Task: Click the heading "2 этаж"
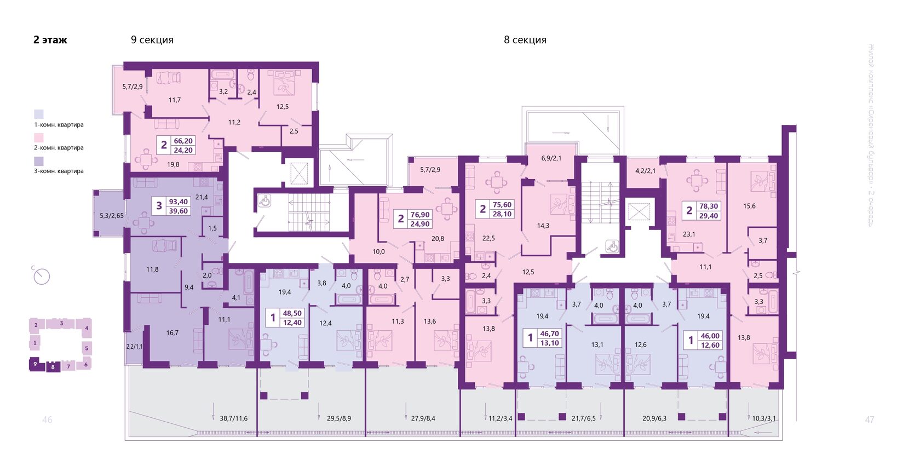coord(50,40)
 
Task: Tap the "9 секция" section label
coord(152,40)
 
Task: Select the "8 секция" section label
coord(525,40)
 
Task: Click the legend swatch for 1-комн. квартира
coord(39,114)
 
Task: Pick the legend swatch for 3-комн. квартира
coord(39,162)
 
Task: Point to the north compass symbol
coord(41,276)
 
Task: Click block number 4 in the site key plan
coord(87,328)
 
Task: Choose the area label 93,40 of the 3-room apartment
coord(178,202)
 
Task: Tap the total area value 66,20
coord(183,141)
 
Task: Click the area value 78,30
coord(708,206)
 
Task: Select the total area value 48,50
coord(292,313)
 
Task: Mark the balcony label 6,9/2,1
coord(551,158)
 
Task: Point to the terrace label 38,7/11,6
coord(234,418)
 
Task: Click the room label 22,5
coord(488,238)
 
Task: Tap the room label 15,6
coord(749,206)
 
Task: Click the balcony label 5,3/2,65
coord(112,216)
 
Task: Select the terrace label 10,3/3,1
coord(763,418)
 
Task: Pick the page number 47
coord(869,419)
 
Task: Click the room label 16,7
coord(172,332)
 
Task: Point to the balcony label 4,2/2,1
coord(645,171)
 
